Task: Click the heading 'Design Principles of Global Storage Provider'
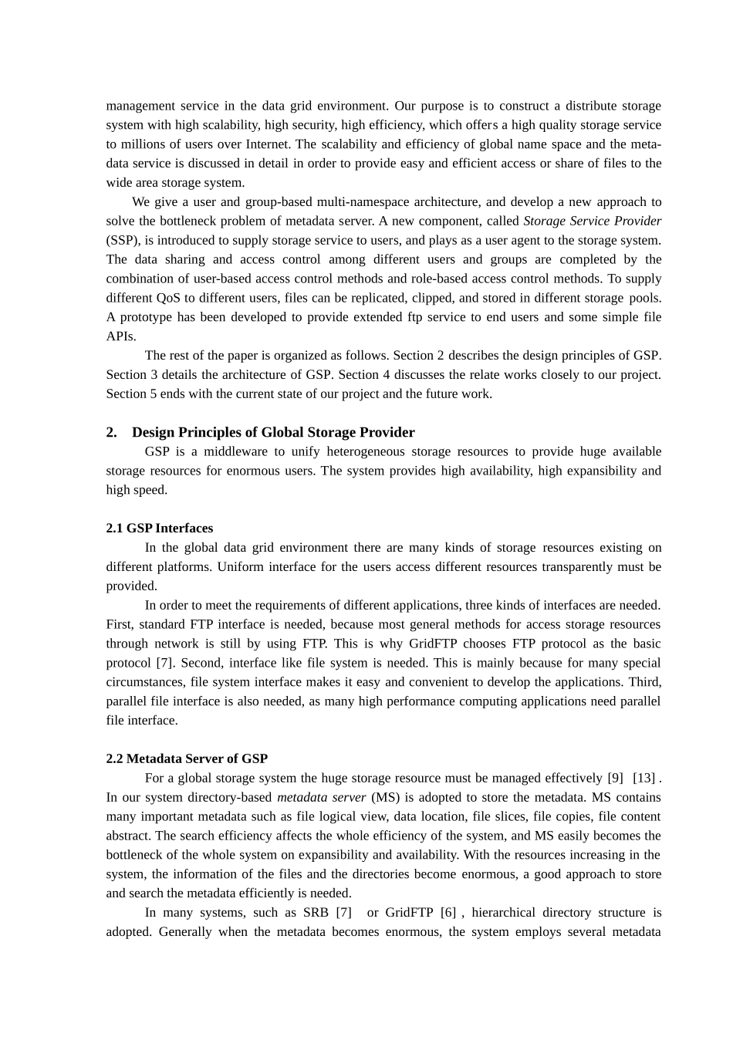tap(273, 432)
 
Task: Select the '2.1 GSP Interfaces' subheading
tap(160, 528)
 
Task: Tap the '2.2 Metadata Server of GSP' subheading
tap(187, 758)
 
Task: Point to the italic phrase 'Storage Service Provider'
tap(592, 221)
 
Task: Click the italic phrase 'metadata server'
tap(321, 797)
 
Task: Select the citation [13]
tap(643, 778)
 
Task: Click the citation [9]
tap(615, 778)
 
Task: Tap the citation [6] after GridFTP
tap(448, 912)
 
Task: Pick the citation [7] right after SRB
tap(343, 912)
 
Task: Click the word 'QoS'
tap(168, 298)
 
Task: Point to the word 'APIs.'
tap(121, 336)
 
